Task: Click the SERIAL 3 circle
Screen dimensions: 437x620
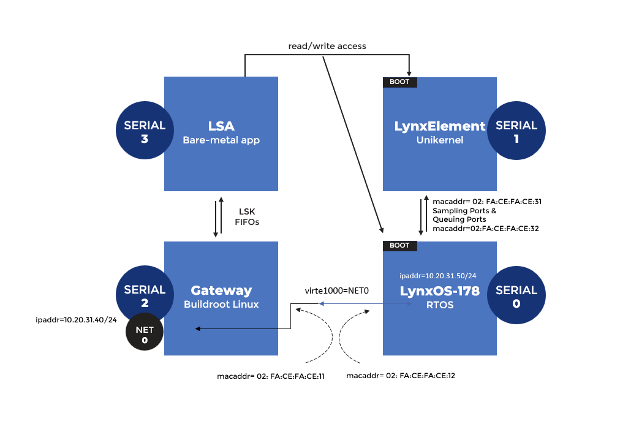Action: tap(145, 131)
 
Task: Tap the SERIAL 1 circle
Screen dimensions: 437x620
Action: tap(516, 131)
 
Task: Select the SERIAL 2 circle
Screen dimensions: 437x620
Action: tap(145, 295)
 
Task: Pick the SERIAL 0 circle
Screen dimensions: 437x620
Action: tap(516, 295)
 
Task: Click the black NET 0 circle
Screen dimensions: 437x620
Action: tap(145, 336)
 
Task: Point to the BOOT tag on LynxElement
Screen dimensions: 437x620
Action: tap(399, 82)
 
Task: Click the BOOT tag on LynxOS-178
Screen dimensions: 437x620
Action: tap(399, 246)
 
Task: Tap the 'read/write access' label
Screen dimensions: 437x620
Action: tap(327, 46)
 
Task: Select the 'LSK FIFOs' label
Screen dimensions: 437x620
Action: tap(247, 217)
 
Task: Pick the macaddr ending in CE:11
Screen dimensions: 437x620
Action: tap(270, 375)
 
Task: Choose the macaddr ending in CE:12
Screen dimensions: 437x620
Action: tap(400, 375)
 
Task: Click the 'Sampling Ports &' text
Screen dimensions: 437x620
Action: tap(464, 210)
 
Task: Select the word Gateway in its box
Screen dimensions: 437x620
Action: tap(221, 291)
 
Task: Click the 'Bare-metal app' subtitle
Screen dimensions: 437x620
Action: tap(221, 140)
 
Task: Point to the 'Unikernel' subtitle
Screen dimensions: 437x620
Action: tap(439, 140)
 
